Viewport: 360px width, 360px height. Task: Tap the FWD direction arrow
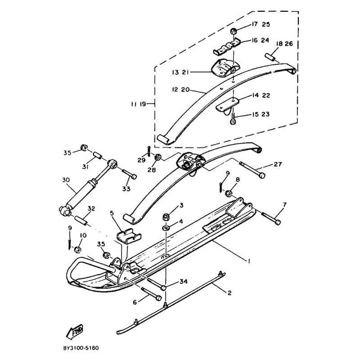[x=74, y=332]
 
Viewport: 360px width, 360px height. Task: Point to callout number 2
[x=229, y=293]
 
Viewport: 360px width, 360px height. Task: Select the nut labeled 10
[x=77, y=249]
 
